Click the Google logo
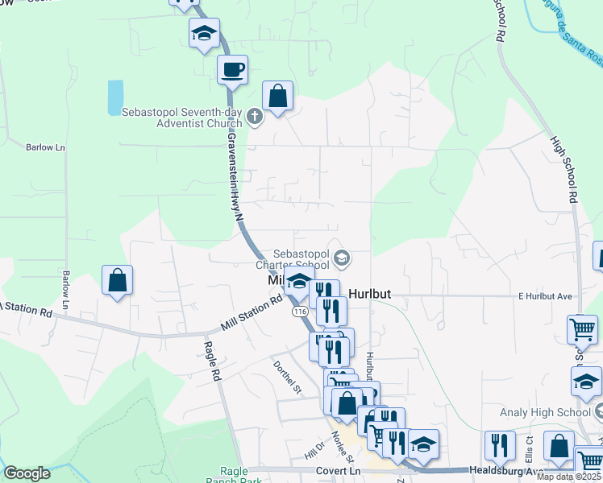(x=27, y=473)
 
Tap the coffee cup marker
(x=232, y=69)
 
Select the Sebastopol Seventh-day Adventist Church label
(x=182, y=118)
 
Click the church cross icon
(x=255, y=118)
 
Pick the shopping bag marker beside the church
(x=277, y=97)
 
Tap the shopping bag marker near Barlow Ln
(x=118, y=280)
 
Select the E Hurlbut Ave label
(x=545, y=296)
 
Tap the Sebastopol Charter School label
(x=292, y=258)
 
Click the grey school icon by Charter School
(x=342, y=258)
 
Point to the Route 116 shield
(x=301, y=312)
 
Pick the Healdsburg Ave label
(x=501, y=470)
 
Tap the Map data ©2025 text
(x=568, y=477)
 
